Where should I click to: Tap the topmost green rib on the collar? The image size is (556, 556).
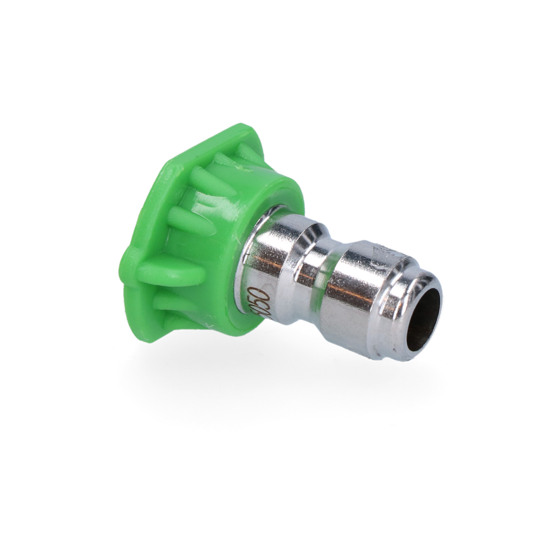(x=247, y=152)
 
